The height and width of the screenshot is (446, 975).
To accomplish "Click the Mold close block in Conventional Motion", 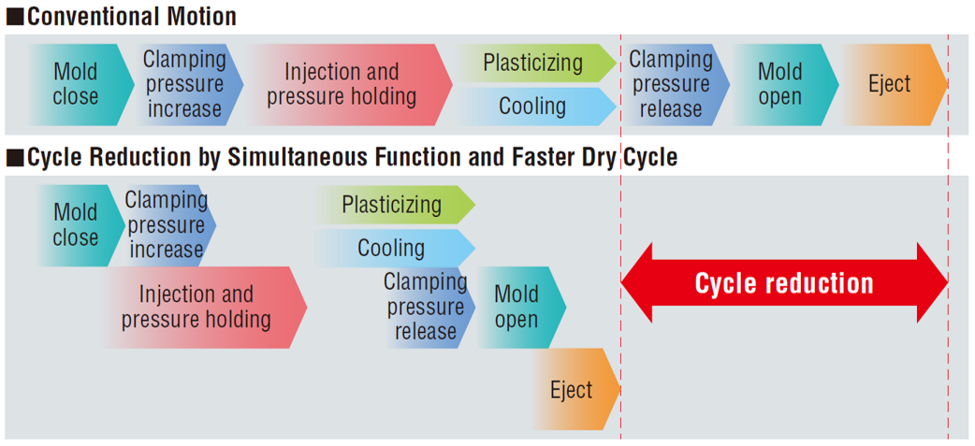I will click(75, 84).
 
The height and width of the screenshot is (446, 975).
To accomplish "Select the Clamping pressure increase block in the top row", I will click(185, 84).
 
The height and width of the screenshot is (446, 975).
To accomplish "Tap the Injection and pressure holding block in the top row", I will click(342, 84).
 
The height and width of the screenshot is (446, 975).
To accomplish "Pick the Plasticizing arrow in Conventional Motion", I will click(533, 64).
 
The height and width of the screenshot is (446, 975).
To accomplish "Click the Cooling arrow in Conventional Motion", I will click(532, 106).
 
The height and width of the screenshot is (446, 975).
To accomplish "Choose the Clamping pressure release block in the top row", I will click(671, 84).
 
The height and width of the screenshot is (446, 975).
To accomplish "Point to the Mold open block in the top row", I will click(780, 84).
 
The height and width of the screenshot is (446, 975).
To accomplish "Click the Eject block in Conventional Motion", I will click(889, 84).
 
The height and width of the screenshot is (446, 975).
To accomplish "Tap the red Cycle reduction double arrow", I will click(784, 283).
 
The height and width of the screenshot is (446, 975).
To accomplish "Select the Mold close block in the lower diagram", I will click(76, 225).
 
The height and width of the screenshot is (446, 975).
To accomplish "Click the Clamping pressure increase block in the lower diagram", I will click(167, 225).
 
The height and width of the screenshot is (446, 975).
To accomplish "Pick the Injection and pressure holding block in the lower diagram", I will click(197, 307).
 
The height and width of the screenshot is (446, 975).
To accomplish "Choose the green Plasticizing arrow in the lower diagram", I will click(392, 205).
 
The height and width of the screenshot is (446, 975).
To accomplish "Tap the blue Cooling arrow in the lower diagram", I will click(392, 248).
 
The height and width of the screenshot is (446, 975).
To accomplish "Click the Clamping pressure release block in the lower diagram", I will click(427, 307).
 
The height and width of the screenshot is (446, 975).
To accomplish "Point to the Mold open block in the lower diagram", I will click(517, 307).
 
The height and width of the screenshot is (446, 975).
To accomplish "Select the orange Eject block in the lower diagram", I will click(572, 389).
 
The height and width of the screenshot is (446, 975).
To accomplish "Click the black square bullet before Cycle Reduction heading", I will click(14, 158).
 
